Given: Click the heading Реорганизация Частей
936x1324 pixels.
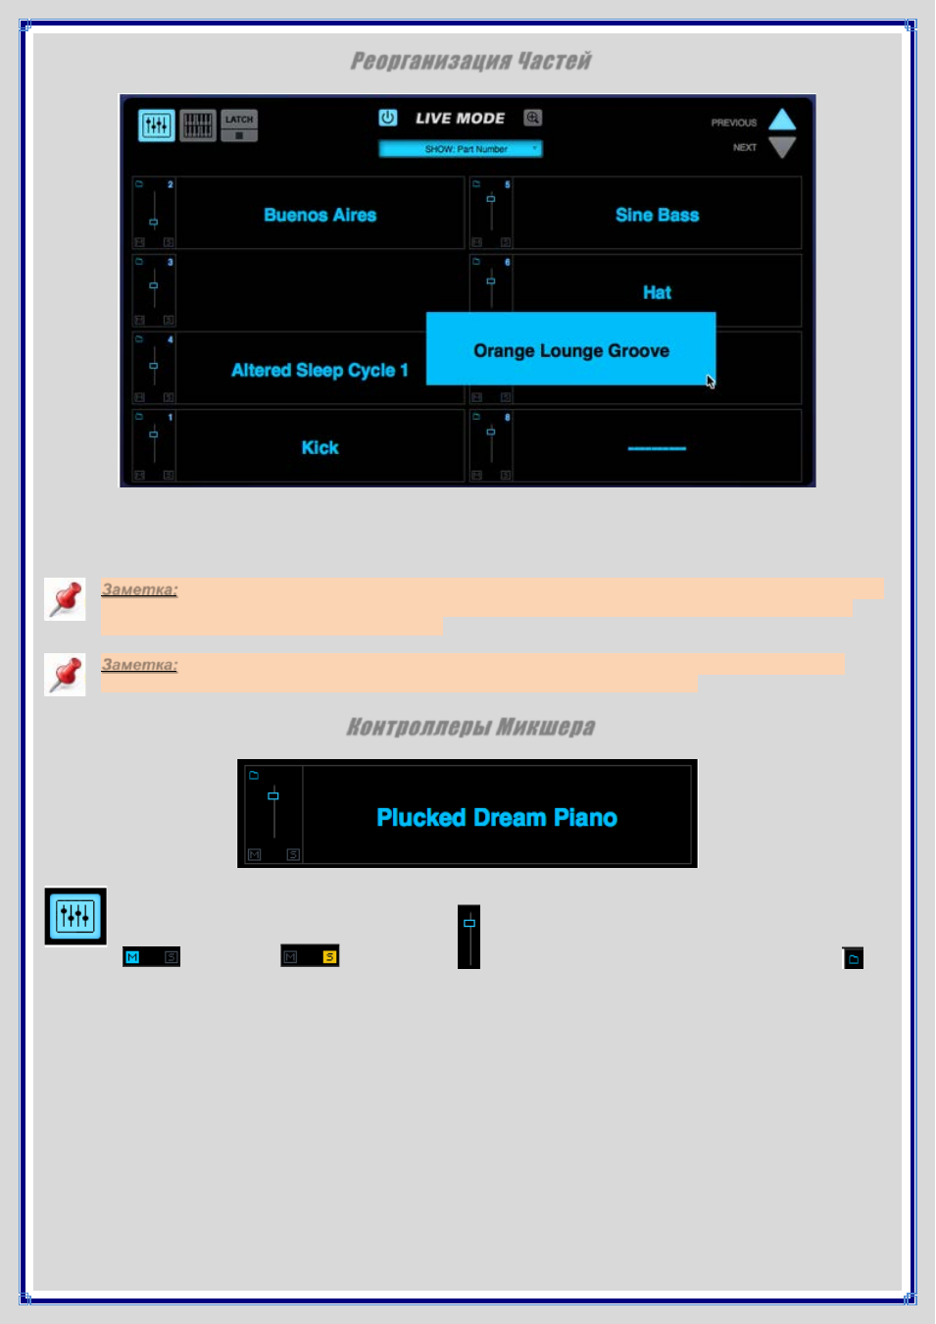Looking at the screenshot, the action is point(470,61).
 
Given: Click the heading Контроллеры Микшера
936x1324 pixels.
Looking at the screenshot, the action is point(470,727).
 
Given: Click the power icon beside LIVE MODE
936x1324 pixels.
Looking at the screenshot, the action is point(388,118).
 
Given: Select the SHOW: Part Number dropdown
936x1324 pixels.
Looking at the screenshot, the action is point(461,149).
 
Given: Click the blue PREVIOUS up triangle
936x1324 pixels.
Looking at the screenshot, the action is point(782,120).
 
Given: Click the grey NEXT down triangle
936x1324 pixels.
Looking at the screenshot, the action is point(782,147).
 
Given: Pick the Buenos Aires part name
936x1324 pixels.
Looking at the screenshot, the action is point(320,215).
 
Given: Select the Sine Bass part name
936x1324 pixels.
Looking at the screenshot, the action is point(658,215).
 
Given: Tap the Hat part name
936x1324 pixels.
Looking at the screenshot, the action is point(658,292).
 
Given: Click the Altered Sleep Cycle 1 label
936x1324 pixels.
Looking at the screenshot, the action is point(320,370).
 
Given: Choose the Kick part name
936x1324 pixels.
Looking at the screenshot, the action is point(320,447).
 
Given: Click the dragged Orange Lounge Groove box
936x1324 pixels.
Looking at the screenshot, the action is point(571,349).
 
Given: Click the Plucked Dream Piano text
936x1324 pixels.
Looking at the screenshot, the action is point(497,818).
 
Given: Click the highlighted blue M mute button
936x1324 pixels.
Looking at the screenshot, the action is point(132,957).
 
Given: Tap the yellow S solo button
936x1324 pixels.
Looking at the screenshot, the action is point(329,956).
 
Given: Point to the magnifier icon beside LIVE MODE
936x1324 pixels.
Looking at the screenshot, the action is point(532,118).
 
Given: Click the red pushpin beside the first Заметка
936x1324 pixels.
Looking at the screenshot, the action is point(65,599).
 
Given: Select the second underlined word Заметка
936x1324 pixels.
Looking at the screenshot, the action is point(139,665).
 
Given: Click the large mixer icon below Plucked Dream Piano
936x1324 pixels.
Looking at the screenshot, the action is point(75,916).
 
